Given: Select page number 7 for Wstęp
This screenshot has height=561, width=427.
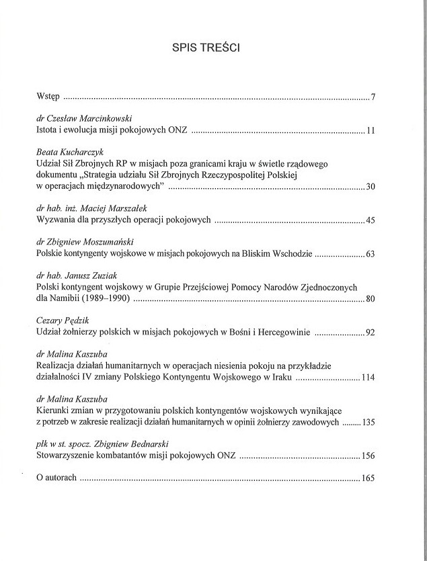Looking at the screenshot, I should [x=373, y=99].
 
